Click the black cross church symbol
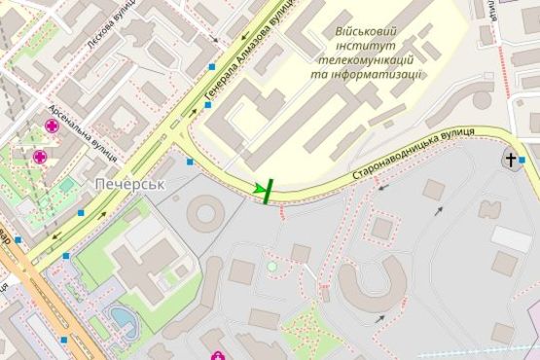coord(510,159)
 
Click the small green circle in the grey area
coord(272,266)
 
